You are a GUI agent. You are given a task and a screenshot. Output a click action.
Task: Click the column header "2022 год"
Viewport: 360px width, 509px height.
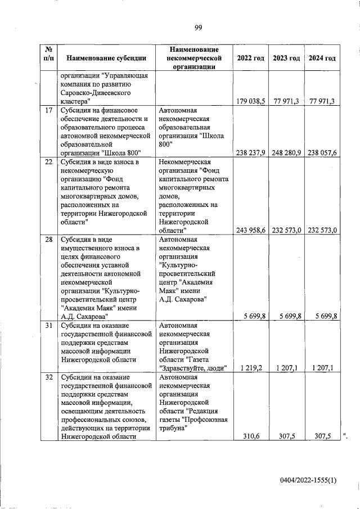[x=250, y=58]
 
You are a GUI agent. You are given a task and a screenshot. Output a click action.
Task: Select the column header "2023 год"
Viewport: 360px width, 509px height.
[x=286, y=58]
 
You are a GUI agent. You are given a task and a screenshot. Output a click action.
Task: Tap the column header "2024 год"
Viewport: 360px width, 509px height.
[x=322, y=58]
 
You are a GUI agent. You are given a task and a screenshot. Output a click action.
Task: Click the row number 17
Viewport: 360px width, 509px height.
[x=49, y=110]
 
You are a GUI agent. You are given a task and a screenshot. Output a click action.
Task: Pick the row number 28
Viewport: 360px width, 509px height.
[x=49, y=240]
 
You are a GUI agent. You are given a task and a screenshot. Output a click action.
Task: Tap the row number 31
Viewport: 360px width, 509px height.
[x=49, y=325]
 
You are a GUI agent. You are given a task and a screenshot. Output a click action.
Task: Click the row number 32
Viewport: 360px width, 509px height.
[x=49, y=377]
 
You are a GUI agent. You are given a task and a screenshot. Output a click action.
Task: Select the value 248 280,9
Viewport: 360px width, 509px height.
[x=286, y=154]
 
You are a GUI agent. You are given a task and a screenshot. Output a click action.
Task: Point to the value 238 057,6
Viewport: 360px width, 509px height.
[x=322, y=154]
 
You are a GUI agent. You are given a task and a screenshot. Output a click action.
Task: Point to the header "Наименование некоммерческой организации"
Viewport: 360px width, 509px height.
[x=192, y=58]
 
